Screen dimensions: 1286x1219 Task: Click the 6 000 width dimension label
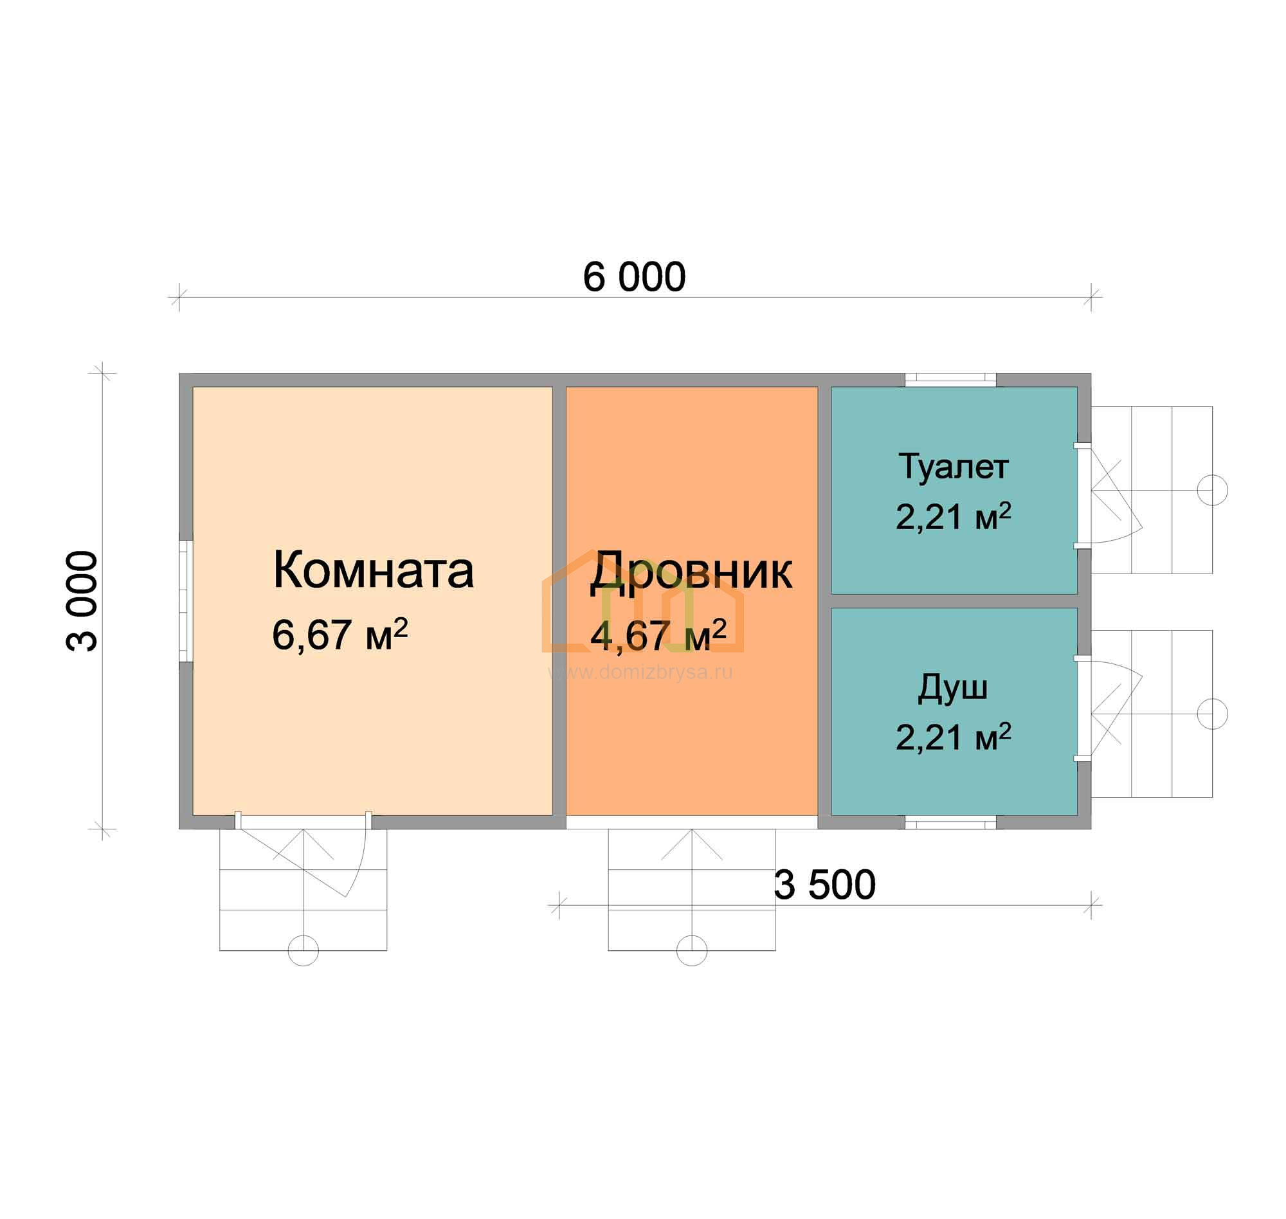pyautogui.click(x=633, y=278)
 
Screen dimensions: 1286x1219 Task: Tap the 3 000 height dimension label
pyautogui.click(x=82, y=601)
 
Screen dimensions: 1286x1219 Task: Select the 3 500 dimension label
pyautogui.click(x=824, y=885)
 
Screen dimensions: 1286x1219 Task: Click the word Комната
pyautogui.click(x=373, y=570)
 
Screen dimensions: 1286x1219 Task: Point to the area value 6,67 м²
pyautogui.click(x=340, y=634)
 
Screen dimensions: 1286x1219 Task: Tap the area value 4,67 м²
pyautogui.click(x=658, y=635)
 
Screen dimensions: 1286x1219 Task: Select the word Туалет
pyautogui.click(x=953, y=466)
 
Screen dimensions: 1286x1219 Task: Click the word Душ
pyautogui.click(x=953, y=689)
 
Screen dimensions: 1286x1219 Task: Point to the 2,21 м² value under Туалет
pyautogui.click(x=953, y=516)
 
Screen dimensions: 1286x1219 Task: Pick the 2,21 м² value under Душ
pyautogui.click(x=953, y=737)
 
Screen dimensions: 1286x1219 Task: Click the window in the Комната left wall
pyautogui.click(x=186, y=601)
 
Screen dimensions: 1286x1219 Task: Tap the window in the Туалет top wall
pyautogui.click(x=950, y=379)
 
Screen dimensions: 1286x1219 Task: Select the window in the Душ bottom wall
pyautogui.click(x=950, y=822)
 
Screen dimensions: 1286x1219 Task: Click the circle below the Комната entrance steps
pyautogui.click(x=303, y=950)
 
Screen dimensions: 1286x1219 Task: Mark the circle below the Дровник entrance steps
pyautogui.click(x=691, y=950)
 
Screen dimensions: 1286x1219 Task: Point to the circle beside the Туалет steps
pyautogui.click(x=1212, y=490)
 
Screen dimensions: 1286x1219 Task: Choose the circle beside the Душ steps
pyautogui.click(x=1212, y=714)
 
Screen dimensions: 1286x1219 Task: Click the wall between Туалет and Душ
pyautogui.click(x=954, y=601)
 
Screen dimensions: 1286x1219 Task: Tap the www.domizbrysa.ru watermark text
pyautogui.click(x=640, y=672)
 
